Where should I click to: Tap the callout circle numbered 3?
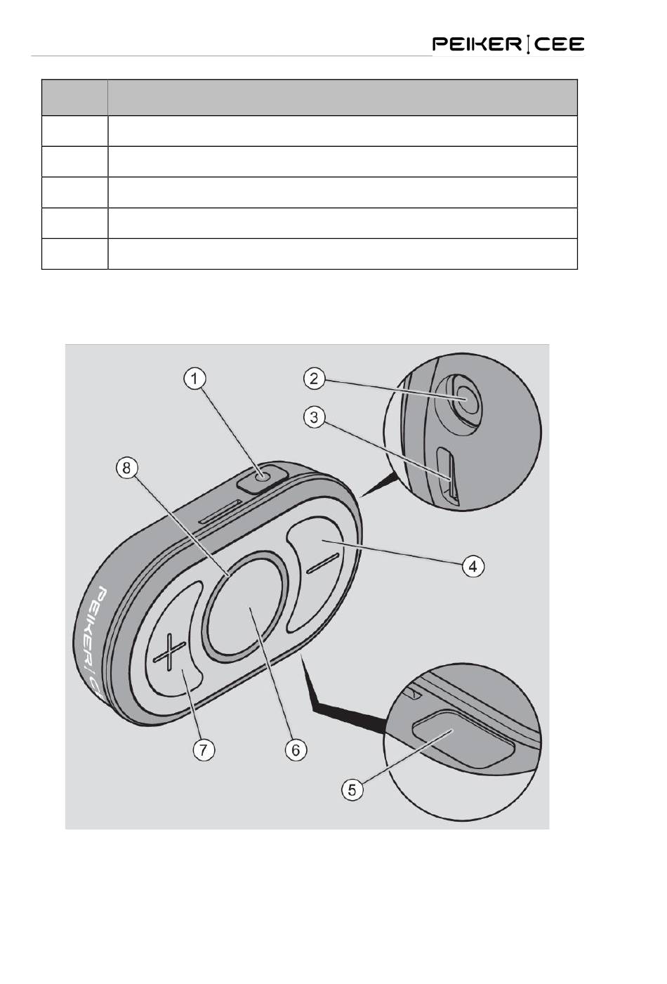(x=314, y=417)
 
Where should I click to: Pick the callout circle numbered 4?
(x=475, y=565)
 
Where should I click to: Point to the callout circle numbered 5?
(x=352, y=789)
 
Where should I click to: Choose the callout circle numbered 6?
(x=296, y=749)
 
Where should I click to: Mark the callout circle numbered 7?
(x=203, y=749)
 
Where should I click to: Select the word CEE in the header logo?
(x=558, y=45)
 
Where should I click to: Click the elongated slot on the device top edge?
(x=220, y=511)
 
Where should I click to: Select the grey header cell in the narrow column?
(x=74, y=98)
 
